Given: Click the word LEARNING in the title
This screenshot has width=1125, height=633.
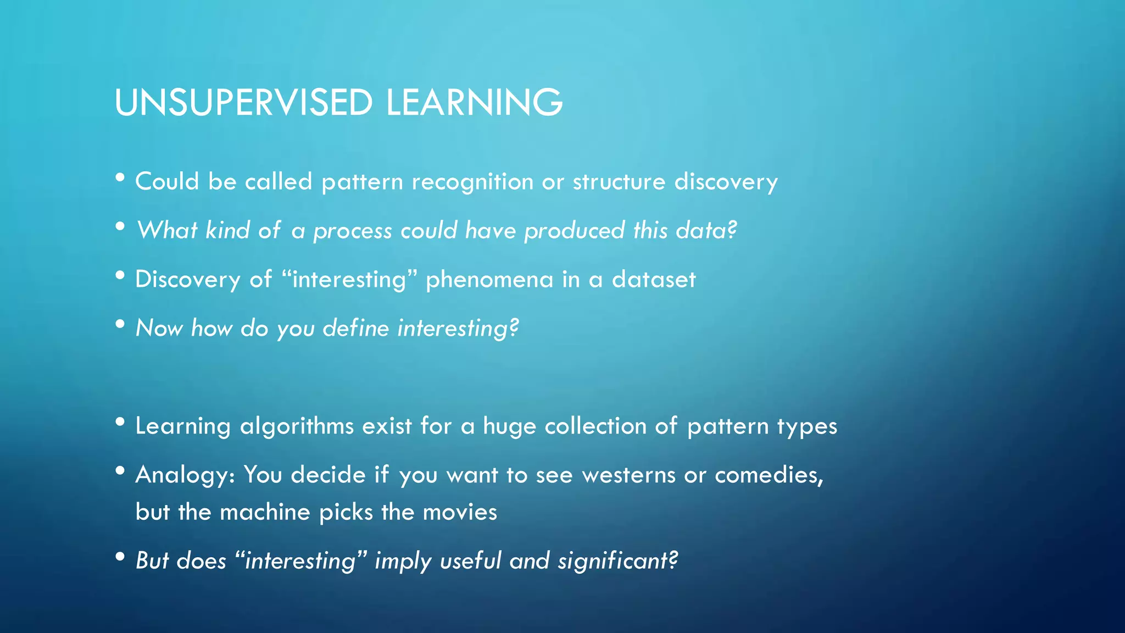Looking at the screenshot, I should (x=474, y=103).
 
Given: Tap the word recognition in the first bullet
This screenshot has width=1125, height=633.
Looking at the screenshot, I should (x=472, y=182).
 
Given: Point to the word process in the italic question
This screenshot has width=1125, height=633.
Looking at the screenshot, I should (x=352, y=231).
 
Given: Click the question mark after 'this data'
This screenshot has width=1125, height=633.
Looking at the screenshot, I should (x=731, y=230).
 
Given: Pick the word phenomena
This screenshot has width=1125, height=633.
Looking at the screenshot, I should (x=489, y=280).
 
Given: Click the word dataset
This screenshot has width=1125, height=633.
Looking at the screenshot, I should (x=654, y=280).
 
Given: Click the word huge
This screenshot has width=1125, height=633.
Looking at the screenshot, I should (x=509, y=426).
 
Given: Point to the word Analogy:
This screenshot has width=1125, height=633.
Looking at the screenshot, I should (x=185, y=475).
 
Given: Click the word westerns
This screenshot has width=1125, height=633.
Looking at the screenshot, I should (x=628, y=475).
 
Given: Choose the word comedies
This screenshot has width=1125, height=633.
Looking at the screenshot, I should (x=767, y=475).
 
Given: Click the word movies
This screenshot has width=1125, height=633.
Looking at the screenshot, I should (x=460, y=512).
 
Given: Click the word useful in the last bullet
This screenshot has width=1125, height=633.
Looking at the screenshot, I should (x=471, y=561).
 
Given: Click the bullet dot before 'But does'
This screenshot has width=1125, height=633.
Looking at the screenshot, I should (x=120, y=557).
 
